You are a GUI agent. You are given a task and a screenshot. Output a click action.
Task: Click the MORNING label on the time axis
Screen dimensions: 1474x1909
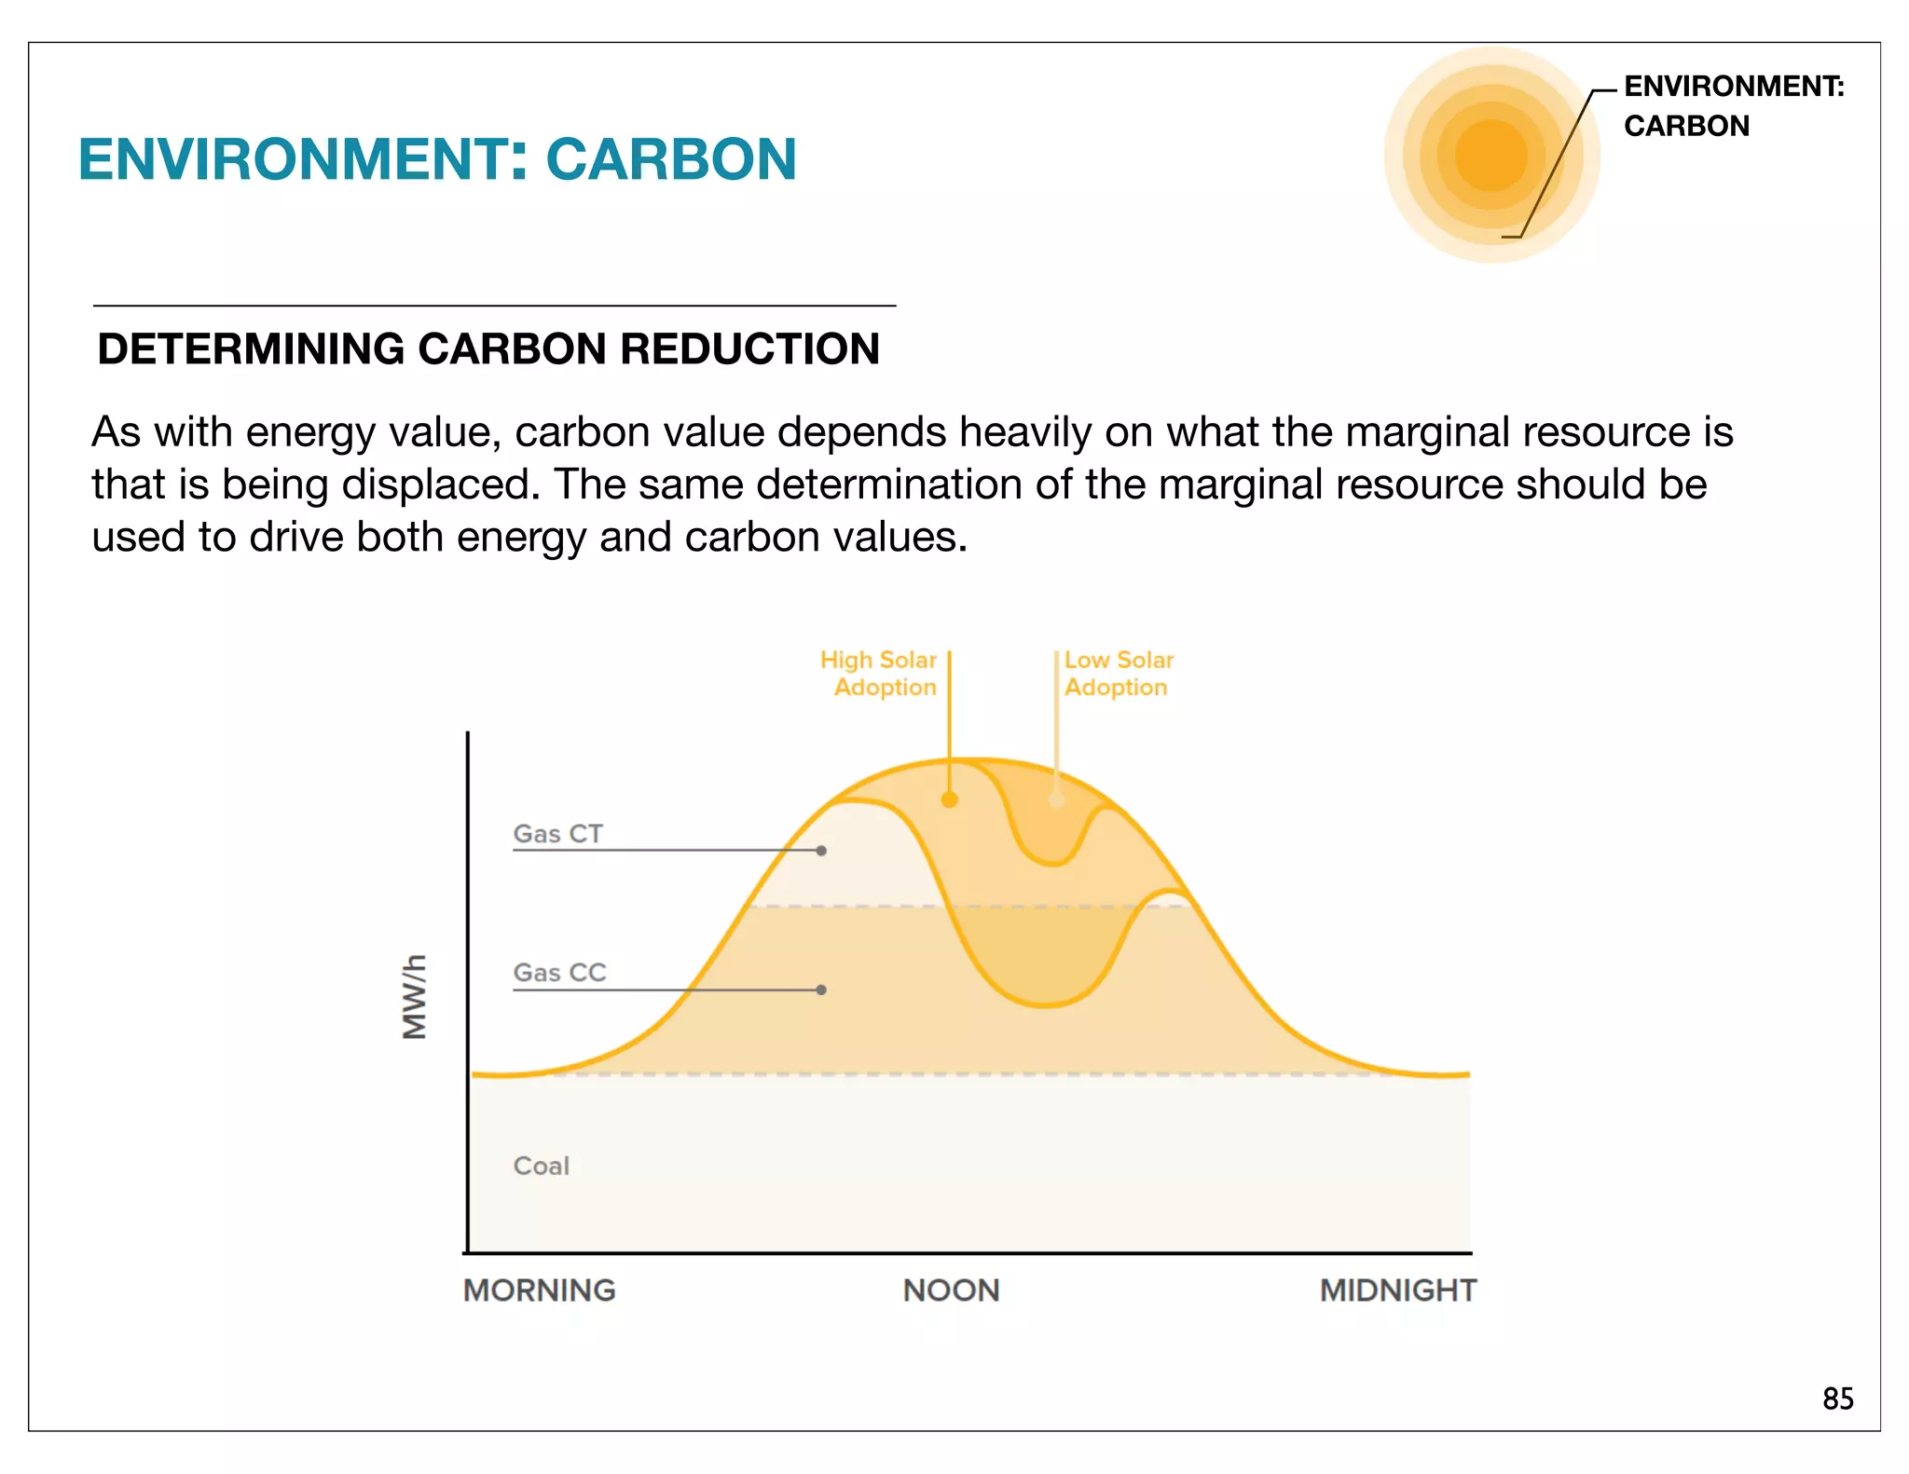pyautogui.click(x=539, y=1290)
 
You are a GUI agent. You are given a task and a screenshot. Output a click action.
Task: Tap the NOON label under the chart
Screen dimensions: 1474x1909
pyautogui.click(x=951, y=1290)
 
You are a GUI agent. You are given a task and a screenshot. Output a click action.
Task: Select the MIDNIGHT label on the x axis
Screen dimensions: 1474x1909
pyautogui.click(x=1397, y=1290)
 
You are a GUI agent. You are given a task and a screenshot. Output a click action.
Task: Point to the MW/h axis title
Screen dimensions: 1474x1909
pyautogui.click(x=414, y=996)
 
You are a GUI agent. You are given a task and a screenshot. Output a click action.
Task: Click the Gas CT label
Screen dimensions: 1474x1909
pyautogui.click(x=557, y=833)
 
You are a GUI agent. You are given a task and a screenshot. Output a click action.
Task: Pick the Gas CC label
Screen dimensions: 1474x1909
pyautogui.click(x=559, y=973)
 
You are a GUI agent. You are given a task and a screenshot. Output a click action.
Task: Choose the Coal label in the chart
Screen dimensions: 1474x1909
pyautogui.click(x=541, y=1166)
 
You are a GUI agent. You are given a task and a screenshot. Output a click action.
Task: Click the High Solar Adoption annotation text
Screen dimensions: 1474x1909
pyautogui.click(x=879, y=674)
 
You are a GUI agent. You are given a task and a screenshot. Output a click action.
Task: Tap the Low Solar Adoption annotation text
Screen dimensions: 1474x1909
pyautogui.click(x=1118, y=674)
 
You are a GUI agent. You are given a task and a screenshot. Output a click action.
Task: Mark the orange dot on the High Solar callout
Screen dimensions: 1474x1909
pyautogui.click(x=950, y=799)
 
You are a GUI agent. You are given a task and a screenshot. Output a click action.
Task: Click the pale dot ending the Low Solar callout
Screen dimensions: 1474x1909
pyautogui.click(x=1056, y=799)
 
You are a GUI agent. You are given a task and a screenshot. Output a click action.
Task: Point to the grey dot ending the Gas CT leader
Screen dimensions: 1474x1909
pyautogui.click(x=821, y=851)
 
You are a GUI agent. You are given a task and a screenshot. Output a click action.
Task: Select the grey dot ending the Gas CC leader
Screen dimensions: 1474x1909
pyautogui.click(x=821, y=989)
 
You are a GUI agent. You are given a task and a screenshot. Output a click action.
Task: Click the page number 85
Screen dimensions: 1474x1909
pyautogui.click(x=1837, y=1399)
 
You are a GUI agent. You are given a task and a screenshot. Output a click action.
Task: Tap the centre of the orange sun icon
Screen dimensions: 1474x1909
pyautogui.click(x=1491, y=156)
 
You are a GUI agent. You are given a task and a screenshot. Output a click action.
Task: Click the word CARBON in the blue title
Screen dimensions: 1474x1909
pyautogui.click(x=671, y=159)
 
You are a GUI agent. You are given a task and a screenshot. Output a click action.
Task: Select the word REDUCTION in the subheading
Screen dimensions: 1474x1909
pyautogui.click(x=749, y=349)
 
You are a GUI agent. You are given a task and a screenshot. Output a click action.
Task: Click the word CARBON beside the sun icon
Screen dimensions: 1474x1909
pyautogui.click(x=1686, y=126)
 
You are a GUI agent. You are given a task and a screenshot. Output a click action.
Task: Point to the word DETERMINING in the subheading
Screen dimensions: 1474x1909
pyautogui.click(x=251, y=349)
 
